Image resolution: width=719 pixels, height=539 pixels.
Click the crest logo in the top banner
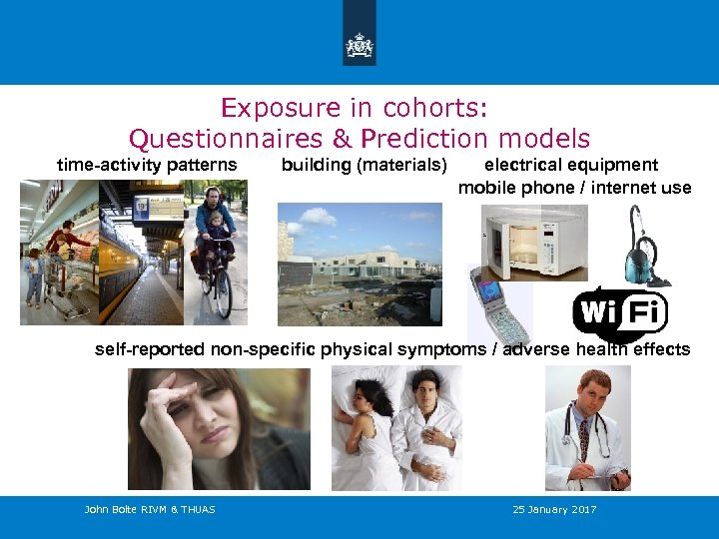(359, 45)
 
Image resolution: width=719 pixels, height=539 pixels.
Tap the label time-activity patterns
(147, 165)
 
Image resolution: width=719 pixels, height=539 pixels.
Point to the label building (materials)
(364, 165)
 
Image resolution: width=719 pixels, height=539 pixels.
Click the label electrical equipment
(571, 165)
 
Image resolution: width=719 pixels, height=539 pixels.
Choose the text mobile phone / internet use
(574, 187)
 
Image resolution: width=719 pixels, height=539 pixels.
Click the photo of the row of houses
(359, 264)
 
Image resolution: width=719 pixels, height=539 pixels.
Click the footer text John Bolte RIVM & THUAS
(150, 510)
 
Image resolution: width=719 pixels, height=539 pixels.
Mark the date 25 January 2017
(554, 510)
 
